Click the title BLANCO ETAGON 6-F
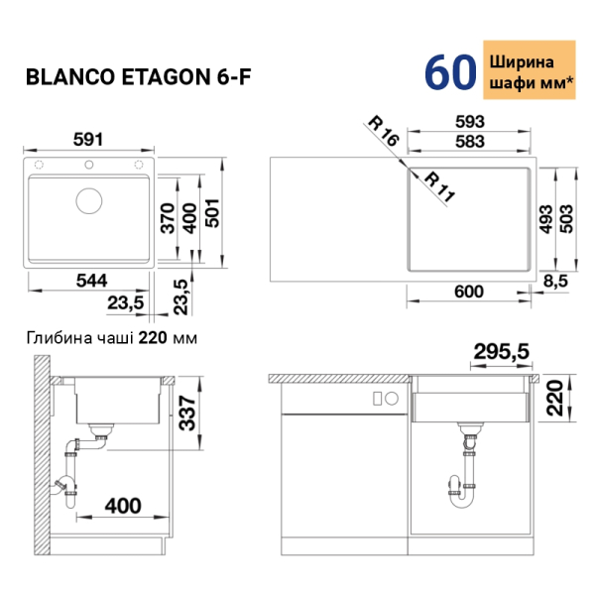pyautogui.click(x=138, y=77)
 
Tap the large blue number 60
pyautogui.click(x=450, y=72)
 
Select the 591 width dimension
pyautogui.click(x=88, y=139)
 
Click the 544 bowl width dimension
pyautogui.click(x=91, y=281)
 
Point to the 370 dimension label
pyautogui.click(x=168, y=218)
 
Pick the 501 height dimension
pyautogui.click(x=212, y=213)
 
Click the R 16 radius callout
pyautogui.click(x=384, y=131)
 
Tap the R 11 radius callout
pyautogui.click(x=439, y=186)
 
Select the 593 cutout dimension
pyautogui.click(x=470, y=121)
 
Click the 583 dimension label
pyautogui.click(x=470, y=141)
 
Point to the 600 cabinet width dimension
pyautogui.click(x=469, y=292)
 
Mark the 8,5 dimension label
pyautogui.click(x=555, y=282)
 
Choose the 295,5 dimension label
pyautogui.click(x=501, y=351)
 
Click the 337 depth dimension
pyautogui.click(x=187, y=413)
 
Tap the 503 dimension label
pyautogui.click(x=567, y=218)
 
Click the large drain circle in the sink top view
pyautogui.click(x=89, y=200)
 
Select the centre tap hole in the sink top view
pyautogui.click(x=89, y=165)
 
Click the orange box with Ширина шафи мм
pyautogui.click(x=530, y=69)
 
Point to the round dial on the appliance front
pyautogui.click(x=392, y=399)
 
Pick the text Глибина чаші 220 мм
pyautogui.click(x=111, y=338)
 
